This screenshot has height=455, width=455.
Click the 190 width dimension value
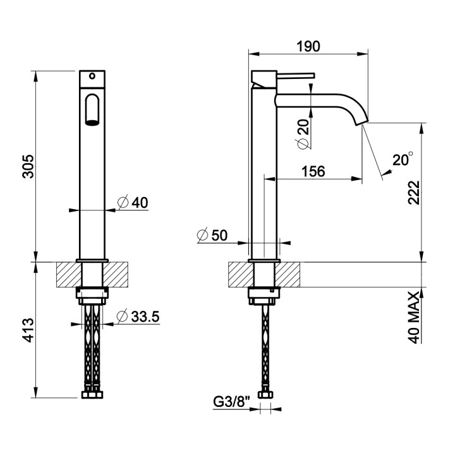[x=308, y=46]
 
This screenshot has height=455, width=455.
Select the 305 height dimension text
[x=28, y=167]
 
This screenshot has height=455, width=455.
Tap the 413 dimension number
[x=28, y=330]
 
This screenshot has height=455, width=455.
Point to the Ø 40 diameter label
[x=133, y=202]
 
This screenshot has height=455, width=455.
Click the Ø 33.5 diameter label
[x=138, y=317]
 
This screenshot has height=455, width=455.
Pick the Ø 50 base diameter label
[x=212, y=235]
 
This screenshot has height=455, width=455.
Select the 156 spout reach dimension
[x=313, y=171]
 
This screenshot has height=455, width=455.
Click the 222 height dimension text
[x=414, y=193]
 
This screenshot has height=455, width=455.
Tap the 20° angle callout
[x=403, y=159]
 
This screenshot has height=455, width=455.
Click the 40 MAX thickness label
[x=414, y=318]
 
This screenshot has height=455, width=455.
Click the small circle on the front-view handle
[x=92, y=76]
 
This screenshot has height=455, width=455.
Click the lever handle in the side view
[x=295, y=75]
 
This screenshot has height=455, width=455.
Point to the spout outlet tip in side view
[x=363, y=123]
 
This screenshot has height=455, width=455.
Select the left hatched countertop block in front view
[x=69, y=274]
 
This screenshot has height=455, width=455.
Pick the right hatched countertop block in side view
[x=288, y=274]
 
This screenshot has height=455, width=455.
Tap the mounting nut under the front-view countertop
[x=92, y=296]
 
